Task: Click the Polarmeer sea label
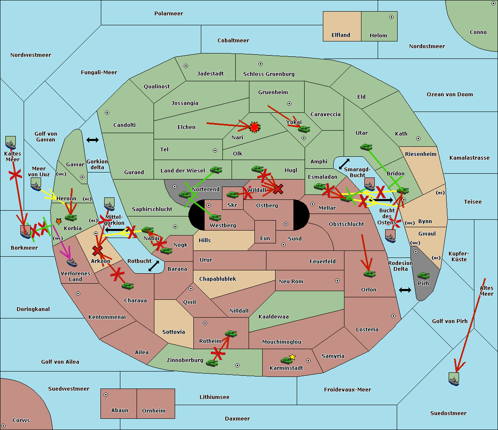pyautogui.click(x=168, y=14)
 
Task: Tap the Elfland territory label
pyautogui.click(x=341, y=35)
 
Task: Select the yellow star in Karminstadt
pyautogui.click(x=293, y=357)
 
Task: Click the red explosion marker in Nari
pyautogui.click(x=254, y=127)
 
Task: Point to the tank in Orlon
pyautogui.click(x=369, y=274)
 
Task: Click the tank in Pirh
pyautogui.click(x=423, y=276)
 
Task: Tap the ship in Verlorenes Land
pyautogui.click(x=72, y=262)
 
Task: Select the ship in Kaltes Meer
pyautogui.click(x=10, y=143)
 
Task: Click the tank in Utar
pyautogui.click(x=366, y=147)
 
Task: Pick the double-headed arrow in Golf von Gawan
pyautogui.click(x=92, y=140)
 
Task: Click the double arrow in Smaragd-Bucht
pyautogui.click(x=344, y=164)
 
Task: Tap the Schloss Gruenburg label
pyautogui.click(x=269, y=74)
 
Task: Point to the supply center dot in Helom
pyautogui.click(x=391, y=17)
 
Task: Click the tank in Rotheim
pyautogui.click(x=231, y=333)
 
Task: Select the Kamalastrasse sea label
pyautogui.click(x=469, y=158)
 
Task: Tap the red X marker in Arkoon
pyautogui.click(x=98, y=250)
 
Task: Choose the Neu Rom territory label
pyautogui.click(x=291, y=282)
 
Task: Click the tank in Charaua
pyautogui.click(x=127, y=286)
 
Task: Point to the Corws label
pyautogui.click(x=21, y=420)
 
